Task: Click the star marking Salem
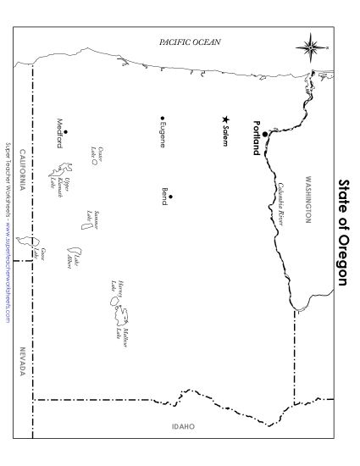pos(224,119)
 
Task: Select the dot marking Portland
pos(265,134)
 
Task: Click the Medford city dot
pos(65,130)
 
